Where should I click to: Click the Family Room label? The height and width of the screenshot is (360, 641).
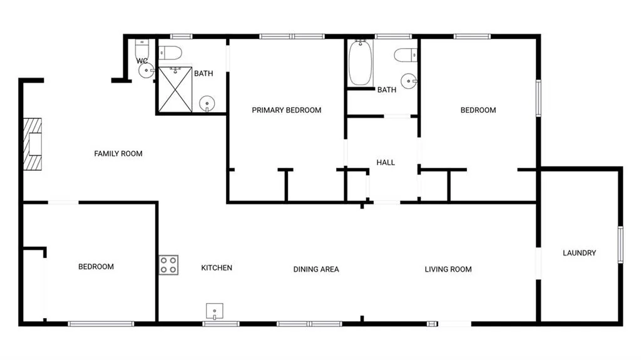click(x=118, y=154)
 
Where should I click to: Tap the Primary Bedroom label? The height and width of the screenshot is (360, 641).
click(x=287, y=110)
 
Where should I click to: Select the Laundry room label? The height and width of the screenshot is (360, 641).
click(x=579, y=253)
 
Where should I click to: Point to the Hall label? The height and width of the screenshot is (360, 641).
click(x=386, y=162)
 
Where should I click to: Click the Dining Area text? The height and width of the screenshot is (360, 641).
click(x=316, y=269)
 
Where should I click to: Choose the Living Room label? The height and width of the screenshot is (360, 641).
click(x=448, y=269)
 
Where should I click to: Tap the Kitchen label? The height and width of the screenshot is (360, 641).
click(x=217, y=268)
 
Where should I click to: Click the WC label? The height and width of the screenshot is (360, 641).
click(x=142, y=61)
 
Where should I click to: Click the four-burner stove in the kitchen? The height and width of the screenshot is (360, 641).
click(x=168, y=265)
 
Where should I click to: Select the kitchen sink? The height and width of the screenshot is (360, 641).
click(x=215, y=311)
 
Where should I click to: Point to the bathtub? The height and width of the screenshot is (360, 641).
click(x=360, y=62)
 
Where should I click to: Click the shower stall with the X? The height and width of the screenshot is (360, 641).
click(x=175, y=90)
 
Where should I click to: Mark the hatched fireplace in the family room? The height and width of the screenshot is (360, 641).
click(x=33, y=144)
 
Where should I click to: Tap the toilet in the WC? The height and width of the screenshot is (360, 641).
click(x=142, y=48)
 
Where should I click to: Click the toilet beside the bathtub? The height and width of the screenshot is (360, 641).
click(x=406, y=55)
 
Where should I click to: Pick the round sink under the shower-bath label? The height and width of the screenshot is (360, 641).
click(x=207, y=103)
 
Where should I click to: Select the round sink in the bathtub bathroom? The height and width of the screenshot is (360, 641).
click(x=408, y=81)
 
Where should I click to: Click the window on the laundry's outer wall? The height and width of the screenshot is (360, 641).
click(x=620, y=245)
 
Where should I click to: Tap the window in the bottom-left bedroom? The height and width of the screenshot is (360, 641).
click(x=101, y=324)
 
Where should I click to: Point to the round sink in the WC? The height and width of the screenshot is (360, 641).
click(x=146, y=70)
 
